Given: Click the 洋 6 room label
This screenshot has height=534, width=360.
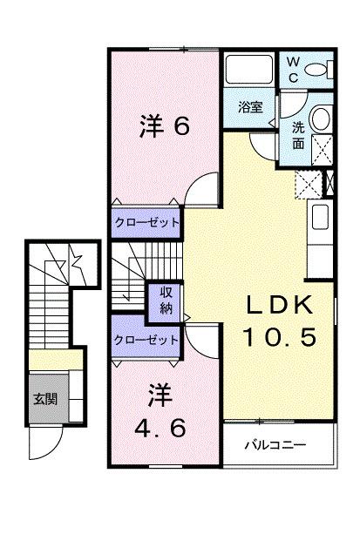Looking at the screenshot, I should coord(164,127).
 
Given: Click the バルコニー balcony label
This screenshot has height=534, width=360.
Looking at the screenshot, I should coord(279,445).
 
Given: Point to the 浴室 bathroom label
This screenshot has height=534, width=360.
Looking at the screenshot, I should coord(252,108).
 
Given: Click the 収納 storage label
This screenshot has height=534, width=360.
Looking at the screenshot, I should coord(165,301).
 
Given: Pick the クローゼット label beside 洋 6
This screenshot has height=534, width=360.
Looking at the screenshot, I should coord(146,223).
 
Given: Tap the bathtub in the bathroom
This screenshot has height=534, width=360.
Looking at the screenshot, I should coord(250,70).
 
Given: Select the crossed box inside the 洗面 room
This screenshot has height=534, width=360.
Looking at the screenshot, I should coord(320,152).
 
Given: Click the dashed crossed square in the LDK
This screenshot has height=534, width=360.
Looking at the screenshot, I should coord(308,184).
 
